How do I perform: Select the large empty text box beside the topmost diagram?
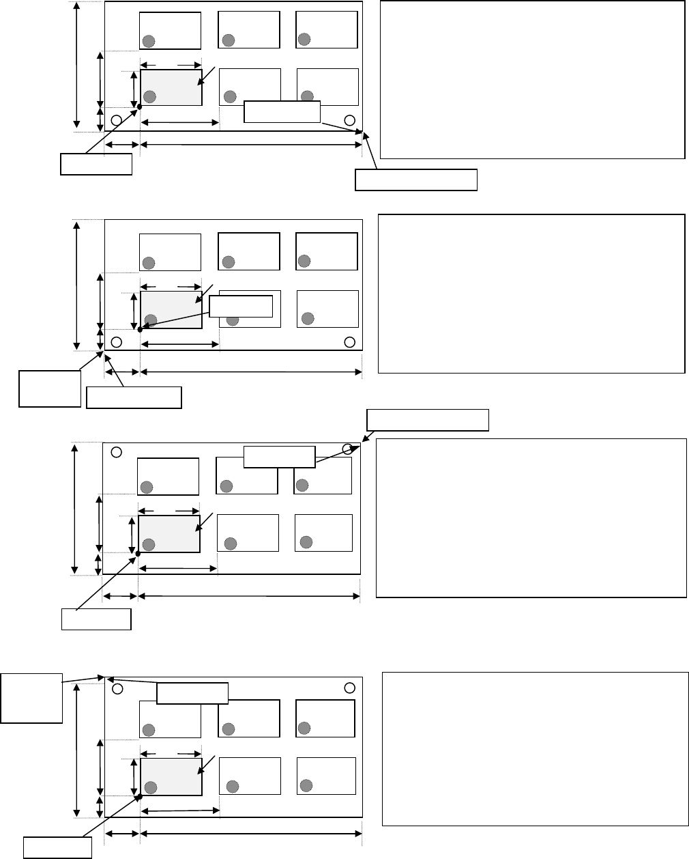point(531,80)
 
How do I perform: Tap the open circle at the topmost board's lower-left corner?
point(117,120)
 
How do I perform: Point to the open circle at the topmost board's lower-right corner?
point(349,120)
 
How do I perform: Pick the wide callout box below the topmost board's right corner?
point(416,180)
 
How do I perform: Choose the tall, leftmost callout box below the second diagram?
point(49,389)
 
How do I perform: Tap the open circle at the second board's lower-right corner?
point(350,341)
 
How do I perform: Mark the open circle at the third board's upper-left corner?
point(117,452)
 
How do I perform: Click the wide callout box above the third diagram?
point(428,420)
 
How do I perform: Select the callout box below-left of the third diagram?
point(96,619)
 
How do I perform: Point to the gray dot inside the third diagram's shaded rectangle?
point(149,544)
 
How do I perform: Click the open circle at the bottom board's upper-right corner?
point(350,687)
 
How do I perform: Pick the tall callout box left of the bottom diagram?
point(31,698)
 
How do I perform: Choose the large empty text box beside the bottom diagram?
point(535,749)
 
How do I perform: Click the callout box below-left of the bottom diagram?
point(58,847)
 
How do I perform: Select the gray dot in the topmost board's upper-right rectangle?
point(304,39)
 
